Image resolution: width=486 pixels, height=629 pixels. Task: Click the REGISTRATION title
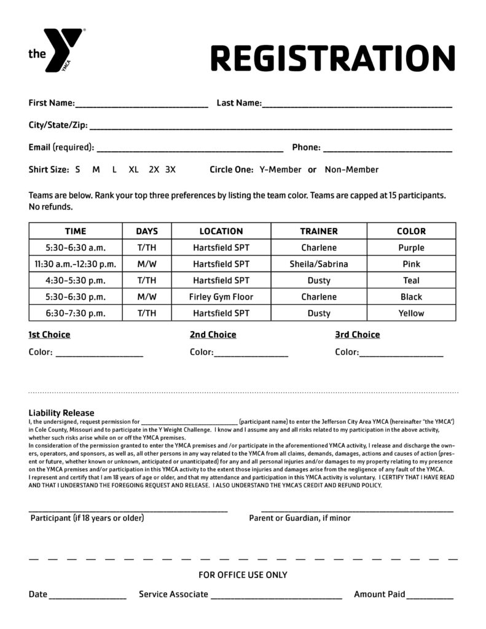[333, 58]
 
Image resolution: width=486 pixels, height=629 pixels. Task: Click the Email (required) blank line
[190, 150]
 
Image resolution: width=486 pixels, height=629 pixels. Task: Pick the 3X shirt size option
[170, 170]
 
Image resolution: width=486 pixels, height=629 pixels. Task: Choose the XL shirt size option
[134, 170]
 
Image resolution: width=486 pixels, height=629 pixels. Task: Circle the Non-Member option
[351, 170]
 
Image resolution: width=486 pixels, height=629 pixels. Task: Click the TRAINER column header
[319, 232]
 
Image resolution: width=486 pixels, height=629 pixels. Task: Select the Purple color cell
[411, 248]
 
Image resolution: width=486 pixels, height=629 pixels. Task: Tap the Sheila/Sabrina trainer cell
[319, 264]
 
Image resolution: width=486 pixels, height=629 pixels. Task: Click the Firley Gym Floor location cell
[221, 297]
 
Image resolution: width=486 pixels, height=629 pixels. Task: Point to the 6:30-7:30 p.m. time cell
[76, 313]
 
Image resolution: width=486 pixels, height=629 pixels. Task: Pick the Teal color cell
[411, 281]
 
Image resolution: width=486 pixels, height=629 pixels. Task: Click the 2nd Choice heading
[213, 335]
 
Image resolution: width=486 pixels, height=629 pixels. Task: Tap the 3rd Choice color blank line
[401, 355]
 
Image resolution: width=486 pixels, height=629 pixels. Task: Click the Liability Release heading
[61, 413]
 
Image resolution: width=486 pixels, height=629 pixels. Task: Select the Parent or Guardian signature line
[357, 510]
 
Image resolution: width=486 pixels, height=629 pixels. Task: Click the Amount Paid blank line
[429, 597]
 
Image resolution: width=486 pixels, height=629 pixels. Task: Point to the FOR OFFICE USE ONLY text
[243, 575]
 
